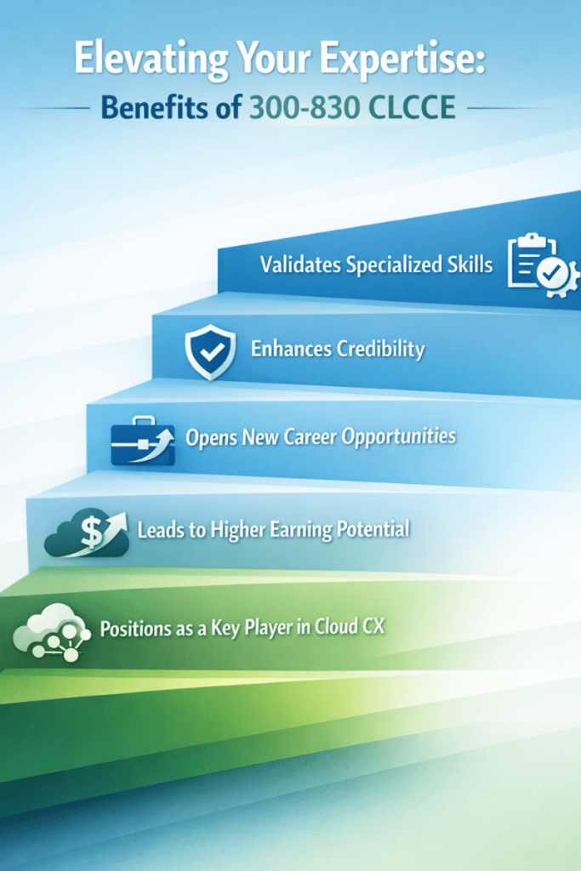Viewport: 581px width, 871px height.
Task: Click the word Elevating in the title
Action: tap(151, 59)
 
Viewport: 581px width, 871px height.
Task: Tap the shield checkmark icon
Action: tap(210, 352)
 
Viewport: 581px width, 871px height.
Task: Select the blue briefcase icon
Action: tap(143, 441)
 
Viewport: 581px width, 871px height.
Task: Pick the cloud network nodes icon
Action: tap(52, 632)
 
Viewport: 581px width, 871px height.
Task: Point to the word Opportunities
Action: tap(399, 437)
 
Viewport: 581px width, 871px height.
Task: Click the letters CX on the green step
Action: tap(373, 627)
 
